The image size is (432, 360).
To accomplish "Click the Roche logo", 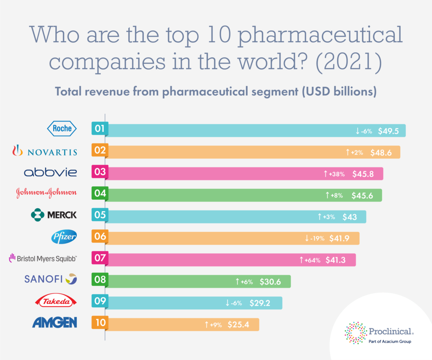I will [x=62, y=128].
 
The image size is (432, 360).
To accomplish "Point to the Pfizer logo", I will [x=64, y=237].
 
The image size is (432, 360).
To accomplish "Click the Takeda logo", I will [x=55, y=302].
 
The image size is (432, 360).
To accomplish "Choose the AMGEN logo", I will [x=54, y=323].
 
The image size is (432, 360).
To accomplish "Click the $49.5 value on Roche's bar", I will [x=388, y=131].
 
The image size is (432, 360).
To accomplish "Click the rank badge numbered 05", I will [x=100, y=215].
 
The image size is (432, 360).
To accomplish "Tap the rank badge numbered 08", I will [x=100, y=279].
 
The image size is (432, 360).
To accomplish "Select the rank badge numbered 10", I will [x=100, y=323].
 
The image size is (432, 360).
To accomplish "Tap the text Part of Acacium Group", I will [x=390, y=341].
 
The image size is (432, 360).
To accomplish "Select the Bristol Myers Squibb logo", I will [x=44, y=258].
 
